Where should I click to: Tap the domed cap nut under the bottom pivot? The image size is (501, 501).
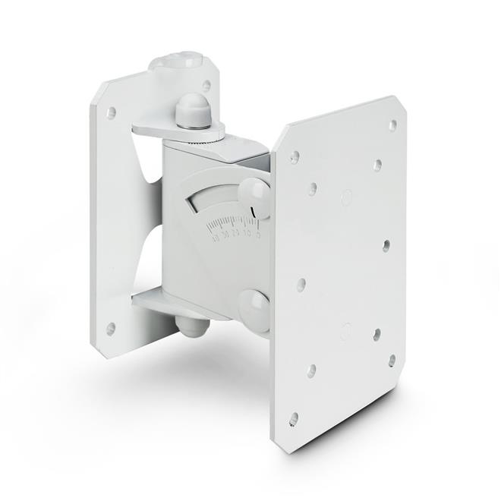click(x=194, y=326)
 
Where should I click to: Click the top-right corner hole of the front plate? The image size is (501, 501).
click(x=392, y=124)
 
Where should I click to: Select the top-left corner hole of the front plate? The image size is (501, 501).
click(x=294, y=157)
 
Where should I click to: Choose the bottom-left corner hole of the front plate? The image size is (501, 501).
click(x=293, y=417)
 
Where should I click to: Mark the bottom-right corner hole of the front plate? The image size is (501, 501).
click(x=392, y=361)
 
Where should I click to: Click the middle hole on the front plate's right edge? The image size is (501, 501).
click(x=386, y=245)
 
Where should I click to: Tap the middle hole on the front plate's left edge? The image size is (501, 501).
click(x=301, y=285)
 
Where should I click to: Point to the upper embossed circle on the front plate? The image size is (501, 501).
click(x=346, y=199)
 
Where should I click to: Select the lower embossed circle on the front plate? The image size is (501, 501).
click(x=346, y=331)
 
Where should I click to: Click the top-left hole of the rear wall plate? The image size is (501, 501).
click(x=111, y=113)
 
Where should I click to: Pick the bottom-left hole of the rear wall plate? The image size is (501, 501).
click(x=111, y=329)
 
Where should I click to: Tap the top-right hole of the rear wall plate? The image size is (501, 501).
click(x=206, y=87)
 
